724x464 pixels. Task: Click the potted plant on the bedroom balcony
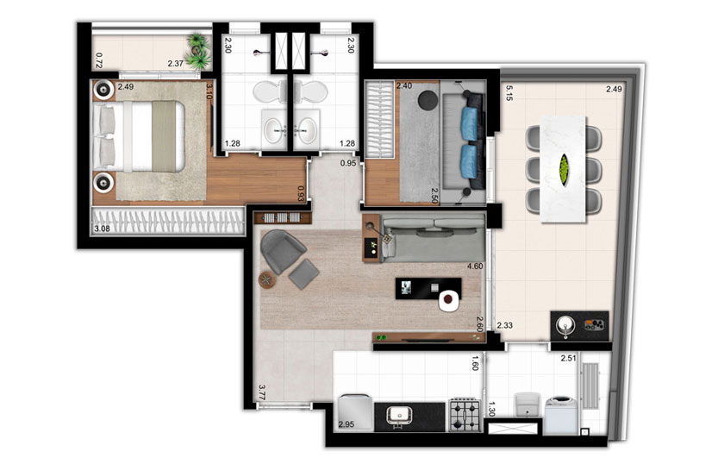[199, 52]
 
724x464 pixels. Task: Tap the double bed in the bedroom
[139, 136]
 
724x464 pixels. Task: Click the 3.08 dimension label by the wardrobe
[102, 229]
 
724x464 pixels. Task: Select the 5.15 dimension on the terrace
[509, 92]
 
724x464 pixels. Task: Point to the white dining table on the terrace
[564, 169]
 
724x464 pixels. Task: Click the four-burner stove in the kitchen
[465, 415]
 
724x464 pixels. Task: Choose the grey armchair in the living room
[283, 251]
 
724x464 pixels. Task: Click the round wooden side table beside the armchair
[267, 280]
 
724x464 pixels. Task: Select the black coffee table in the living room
[428, 289]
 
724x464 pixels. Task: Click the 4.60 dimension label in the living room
[475, 266]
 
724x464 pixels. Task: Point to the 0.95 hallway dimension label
[348, 163]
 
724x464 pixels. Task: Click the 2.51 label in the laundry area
[568, 358]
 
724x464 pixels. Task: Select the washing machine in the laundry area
[561, 415]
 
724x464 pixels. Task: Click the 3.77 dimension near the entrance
[262, 392]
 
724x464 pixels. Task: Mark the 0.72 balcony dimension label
[98, 60]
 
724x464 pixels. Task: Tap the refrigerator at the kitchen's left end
[354, 413]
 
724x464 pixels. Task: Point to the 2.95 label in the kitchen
[346, 424]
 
